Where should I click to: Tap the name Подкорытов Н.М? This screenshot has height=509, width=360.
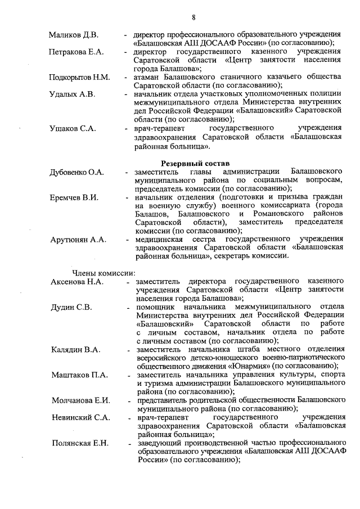(79, 76)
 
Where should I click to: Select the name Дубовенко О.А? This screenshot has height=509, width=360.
(77, 172)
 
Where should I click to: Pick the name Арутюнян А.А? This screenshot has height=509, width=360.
(78, 240)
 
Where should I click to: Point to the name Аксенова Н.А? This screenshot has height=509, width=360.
(77, 282)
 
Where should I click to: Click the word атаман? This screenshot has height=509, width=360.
(149, 77)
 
